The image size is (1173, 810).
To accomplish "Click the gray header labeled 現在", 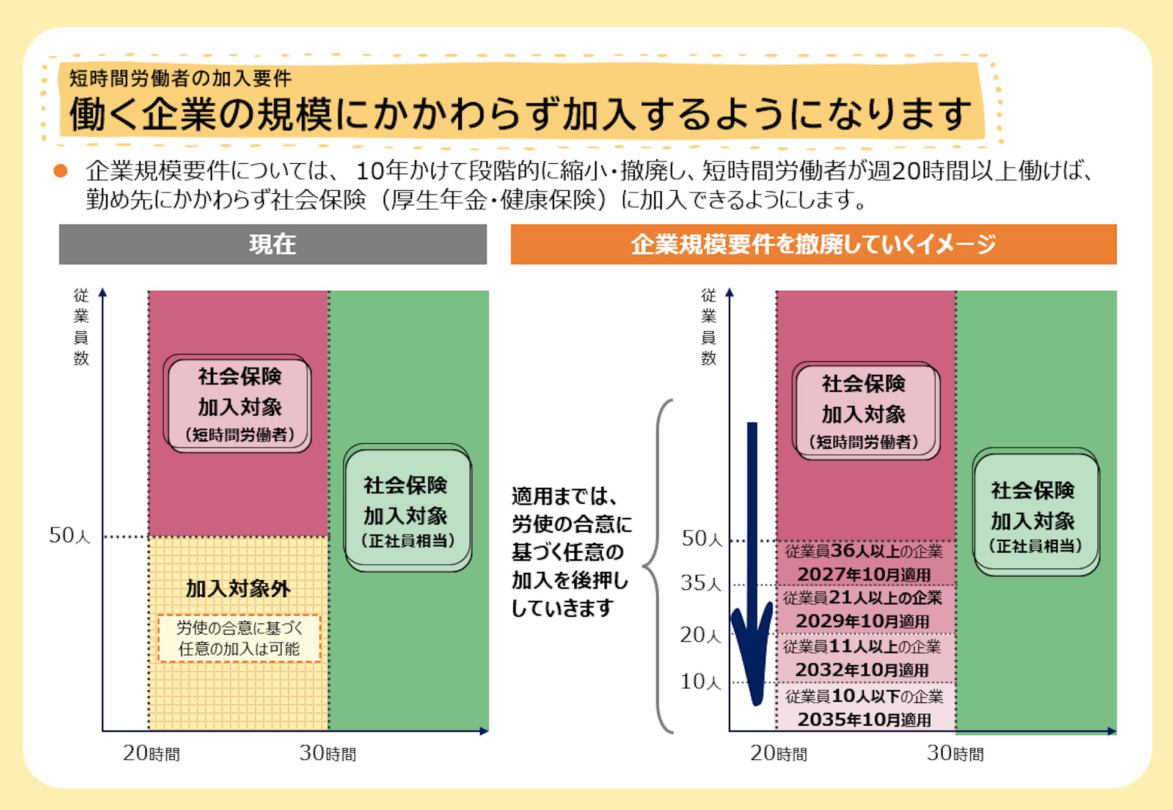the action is click(x=272, y=245).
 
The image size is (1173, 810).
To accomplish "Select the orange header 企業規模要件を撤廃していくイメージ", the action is click(x=813, y=245).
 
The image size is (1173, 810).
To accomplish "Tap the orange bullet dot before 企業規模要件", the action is click(x=60, y=171).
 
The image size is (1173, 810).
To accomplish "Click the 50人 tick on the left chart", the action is click(x=70, y=536).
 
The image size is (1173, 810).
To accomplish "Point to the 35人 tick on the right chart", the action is click(x=701, y=583).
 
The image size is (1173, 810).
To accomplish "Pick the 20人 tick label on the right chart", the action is click(x=701, y=635).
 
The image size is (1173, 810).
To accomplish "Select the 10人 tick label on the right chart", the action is click(x=701, y=682).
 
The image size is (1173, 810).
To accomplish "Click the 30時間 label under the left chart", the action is click(x=327, y=753).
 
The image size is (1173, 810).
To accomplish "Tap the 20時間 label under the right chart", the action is click(x=778, y=753).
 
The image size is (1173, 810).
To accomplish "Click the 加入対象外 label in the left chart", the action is click(x=238, y=589).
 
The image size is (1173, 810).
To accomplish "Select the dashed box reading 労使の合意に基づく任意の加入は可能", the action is click(x=239, y=638).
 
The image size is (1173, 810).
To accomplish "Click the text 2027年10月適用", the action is click(x=864, y=575).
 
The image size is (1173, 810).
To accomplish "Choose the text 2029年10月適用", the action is click(x=863, y=621).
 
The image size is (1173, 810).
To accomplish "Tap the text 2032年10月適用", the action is click(x=862, y=670).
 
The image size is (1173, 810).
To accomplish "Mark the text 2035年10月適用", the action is click(x=864, y=720).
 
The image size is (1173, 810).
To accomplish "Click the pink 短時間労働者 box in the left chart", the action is click(x=238, y=404).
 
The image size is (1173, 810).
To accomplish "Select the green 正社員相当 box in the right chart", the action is click(x=1036, y=512).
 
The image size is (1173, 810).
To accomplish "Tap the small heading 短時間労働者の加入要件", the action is click(x=180, y=78).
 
